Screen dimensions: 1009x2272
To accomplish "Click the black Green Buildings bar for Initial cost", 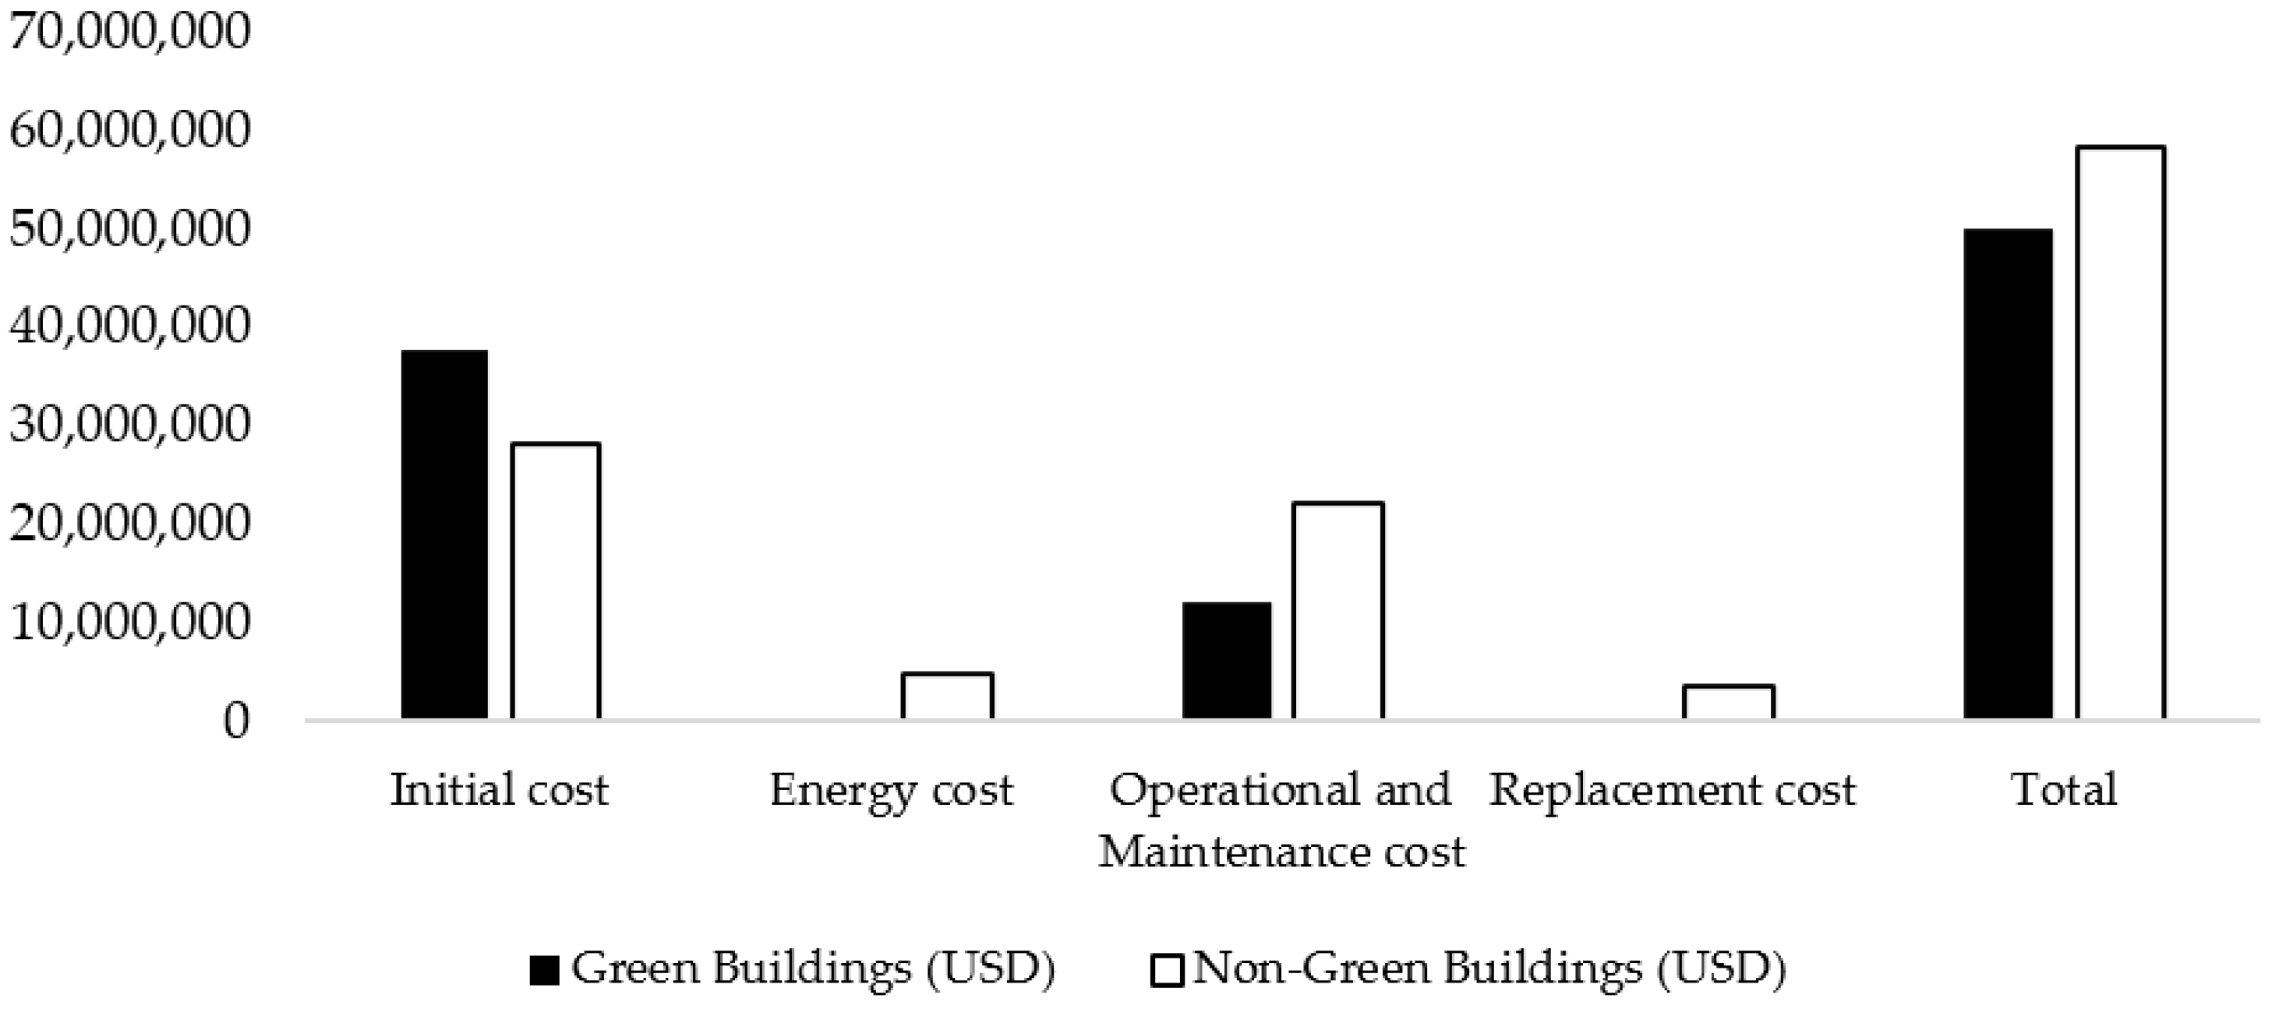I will (443, 534).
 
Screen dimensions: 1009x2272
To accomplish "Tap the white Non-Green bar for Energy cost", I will (947, 696).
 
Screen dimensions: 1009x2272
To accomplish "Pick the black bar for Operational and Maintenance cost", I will (1226, 661).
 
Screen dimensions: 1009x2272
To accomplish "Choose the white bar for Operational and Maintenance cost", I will (1337, 610).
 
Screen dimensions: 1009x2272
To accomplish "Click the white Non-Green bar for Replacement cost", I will (1728, 702).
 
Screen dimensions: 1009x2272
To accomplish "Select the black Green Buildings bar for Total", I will (2008, 474).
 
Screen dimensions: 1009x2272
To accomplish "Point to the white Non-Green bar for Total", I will (2119, 432).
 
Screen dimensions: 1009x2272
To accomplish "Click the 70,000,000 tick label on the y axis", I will (129, 31).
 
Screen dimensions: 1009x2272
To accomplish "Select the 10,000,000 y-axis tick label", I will (129, 623).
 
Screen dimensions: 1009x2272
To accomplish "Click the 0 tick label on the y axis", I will (235, 721).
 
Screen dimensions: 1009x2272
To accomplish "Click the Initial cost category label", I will (499, 790).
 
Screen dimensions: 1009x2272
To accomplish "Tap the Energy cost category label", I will (891, 790).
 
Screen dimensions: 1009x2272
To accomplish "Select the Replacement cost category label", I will (1673, 790).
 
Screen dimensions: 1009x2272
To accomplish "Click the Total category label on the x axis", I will (2064, 790).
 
